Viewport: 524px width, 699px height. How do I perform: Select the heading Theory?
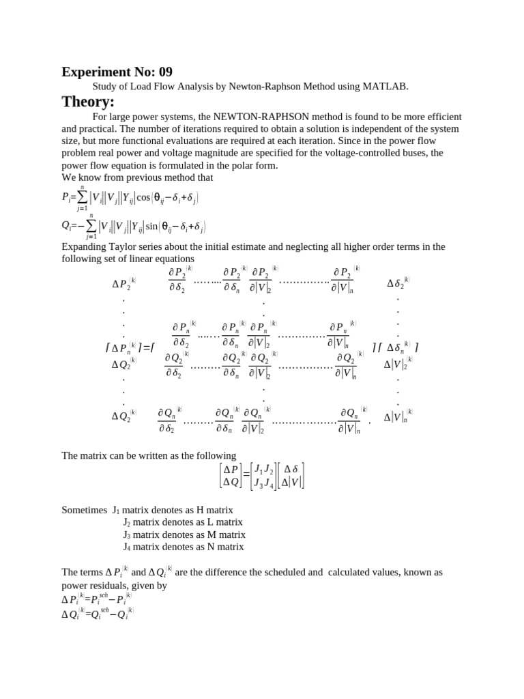[x=88, y=102]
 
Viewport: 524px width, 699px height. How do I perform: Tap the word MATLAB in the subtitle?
[x=388, y=87]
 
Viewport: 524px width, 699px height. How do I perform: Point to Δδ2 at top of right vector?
[x=398, y=283]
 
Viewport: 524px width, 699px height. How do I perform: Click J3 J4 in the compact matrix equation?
[x=264, y=483]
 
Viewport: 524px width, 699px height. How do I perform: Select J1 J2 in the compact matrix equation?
[x=263, y=470]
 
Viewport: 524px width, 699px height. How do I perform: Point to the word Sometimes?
[x=85, y=510]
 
